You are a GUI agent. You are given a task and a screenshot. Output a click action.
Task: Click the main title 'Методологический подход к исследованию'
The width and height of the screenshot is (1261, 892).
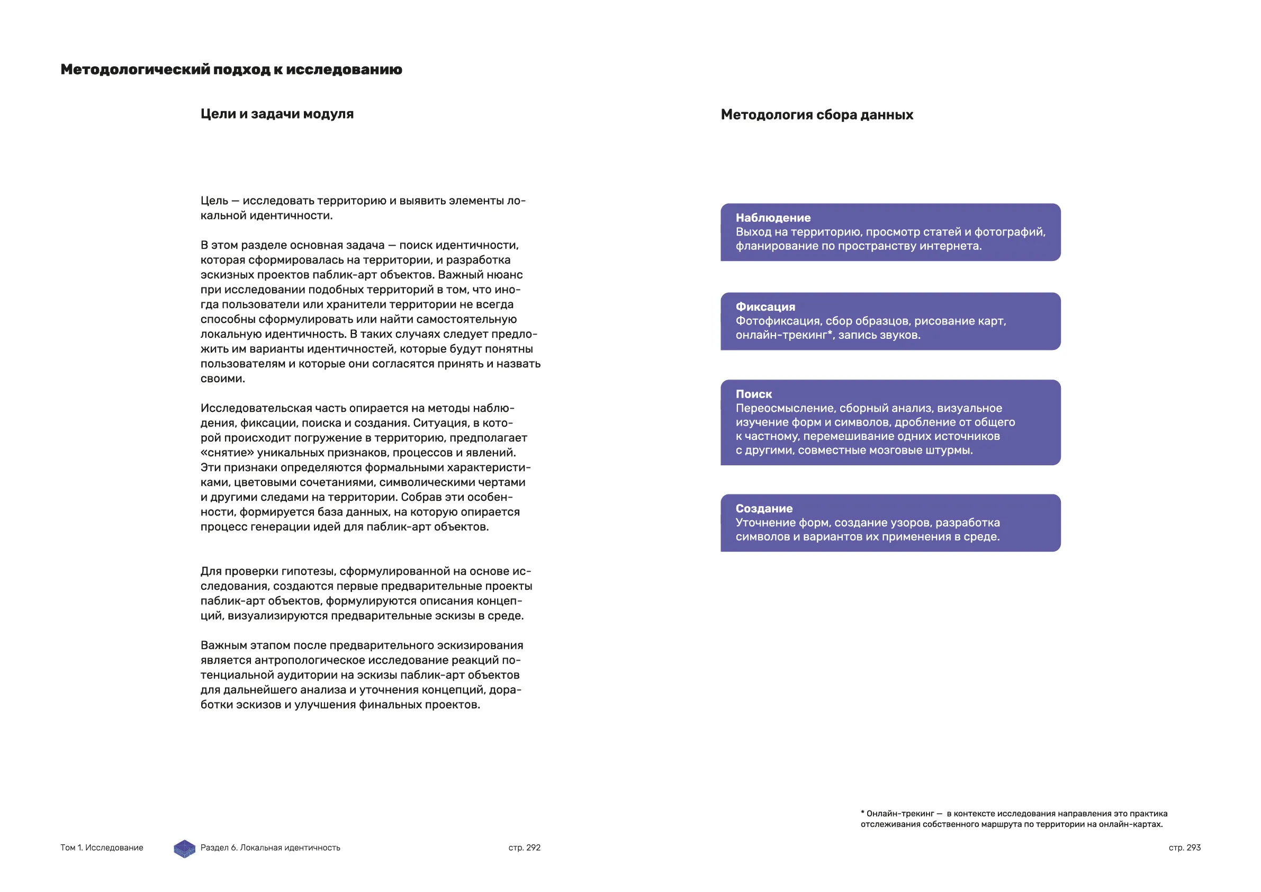231,70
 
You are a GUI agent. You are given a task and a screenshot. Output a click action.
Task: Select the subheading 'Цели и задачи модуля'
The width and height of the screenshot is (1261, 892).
277,114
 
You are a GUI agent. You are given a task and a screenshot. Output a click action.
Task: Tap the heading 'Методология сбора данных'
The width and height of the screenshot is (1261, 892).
817,115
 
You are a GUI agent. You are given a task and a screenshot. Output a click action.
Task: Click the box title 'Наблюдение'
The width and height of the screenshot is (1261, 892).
773,218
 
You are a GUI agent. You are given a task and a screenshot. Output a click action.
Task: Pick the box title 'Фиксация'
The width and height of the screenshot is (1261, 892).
765,307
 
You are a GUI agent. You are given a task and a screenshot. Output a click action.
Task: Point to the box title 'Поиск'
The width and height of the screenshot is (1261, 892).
753,394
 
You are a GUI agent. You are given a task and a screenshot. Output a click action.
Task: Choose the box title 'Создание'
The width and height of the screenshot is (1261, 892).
764,509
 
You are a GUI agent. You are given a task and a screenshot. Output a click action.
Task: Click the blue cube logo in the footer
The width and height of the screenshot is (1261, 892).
185,849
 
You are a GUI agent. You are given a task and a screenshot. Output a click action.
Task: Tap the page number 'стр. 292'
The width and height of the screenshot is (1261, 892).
524,848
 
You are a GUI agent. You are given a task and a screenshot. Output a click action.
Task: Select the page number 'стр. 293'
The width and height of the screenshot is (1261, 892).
1185,848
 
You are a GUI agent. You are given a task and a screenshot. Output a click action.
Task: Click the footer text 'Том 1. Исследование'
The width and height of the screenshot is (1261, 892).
102,848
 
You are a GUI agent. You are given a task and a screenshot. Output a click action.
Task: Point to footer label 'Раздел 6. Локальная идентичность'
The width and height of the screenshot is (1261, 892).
270,848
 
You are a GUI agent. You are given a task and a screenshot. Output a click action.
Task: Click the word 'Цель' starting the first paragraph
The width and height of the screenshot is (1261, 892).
214,201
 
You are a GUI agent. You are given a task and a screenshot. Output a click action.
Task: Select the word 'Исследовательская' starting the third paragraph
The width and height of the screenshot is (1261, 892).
255,409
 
